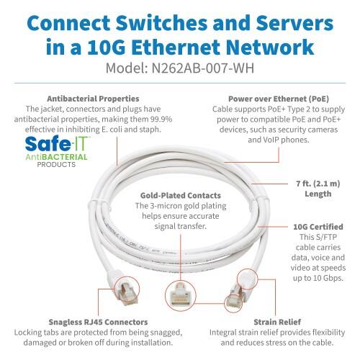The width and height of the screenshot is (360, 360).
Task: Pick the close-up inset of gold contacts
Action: click(179, 295)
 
